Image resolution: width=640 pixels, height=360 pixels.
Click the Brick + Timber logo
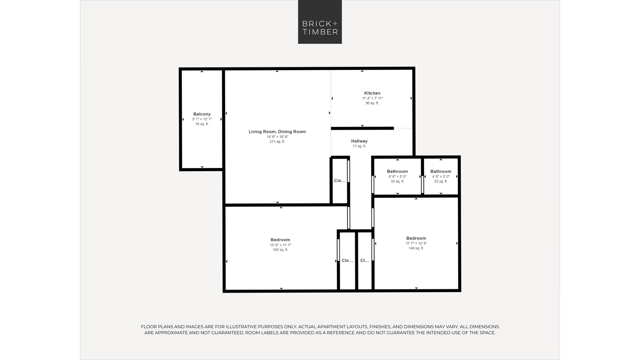click(x=320, y=22)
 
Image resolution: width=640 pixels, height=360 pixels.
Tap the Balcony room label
click(x=202, y=114)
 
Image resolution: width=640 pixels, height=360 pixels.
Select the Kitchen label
click(x=372, y=93)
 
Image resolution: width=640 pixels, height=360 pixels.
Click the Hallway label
click(x=359, y=141)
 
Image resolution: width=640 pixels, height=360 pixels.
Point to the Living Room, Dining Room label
click(x=277, y=132)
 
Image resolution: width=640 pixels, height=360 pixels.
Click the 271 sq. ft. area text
click(x=277, y=141)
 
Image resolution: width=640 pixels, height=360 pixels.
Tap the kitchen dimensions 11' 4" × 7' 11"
click(x=372, y=98)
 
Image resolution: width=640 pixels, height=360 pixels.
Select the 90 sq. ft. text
click(x=372, y=103)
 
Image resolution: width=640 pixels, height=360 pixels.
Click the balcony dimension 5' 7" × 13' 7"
click(x=202, y=119)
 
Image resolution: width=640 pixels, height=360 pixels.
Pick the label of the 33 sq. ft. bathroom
click(x=397, y=172)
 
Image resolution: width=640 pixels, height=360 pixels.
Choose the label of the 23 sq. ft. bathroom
click(x=441, y=172)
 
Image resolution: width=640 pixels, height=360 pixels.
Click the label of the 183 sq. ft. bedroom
click(x=280, y=240)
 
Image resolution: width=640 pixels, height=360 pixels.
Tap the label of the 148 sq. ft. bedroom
click(x=416, y=238)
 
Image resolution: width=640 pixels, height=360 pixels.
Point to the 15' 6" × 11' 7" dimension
click(x=280, y=245)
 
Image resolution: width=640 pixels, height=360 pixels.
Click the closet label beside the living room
click(x=340, y=181)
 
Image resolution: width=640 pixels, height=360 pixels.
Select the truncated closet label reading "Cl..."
click(x=364, y=260)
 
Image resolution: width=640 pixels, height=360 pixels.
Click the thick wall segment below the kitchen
click(x=362, y=128)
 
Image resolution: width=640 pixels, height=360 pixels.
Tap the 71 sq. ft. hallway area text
click(x=359, y=146)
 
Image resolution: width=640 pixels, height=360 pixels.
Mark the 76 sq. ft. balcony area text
click(x=202, y=124)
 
